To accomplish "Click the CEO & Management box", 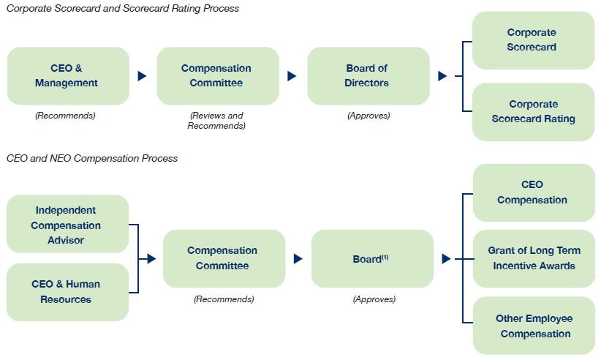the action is tap(68, 76).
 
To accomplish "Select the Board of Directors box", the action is tap(368, 76).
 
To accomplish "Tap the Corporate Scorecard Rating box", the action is tap(533, 112).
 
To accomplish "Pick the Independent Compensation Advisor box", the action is tap(67, 224).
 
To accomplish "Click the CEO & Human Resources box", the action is tap(67, 292).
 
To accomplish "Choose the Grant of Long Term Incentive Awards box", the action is tap(534, 258).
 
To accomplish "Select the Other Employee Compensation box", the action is tap(534, 325).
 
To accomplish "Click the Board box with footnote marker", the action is tap(372, 258).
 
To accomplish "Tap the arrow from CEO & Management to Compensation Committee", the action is tap(142, 76).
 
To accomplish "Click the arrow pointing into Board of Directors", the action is tap(292, 76).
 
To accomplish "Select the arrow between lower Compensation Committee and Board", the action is tap(298, 259).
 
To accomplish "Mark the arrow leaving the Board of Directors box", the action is tap(442, 76).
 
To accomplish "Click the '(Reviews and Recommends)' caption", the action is tap(216, 121).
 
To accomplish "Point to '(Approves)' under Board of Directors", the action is tap(368, 116).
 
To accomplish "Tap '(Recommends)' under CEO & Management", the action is tap(65, 116).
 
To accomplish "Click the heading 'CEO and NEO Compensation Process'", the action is tap(92, 158).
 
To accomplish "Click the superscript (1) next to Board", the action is tap(385, 257).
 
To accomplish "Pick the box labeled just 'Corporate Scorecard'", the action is tap(533, 40).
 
